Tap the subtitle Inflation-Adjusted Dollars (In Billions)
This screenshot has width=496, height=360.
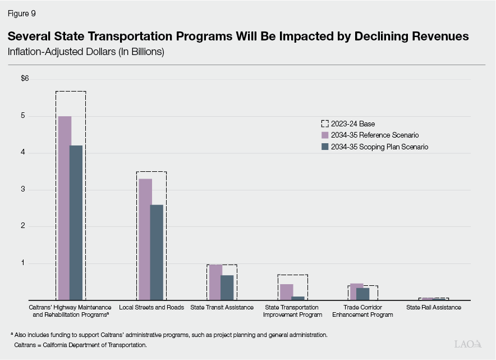(x=85, y=52)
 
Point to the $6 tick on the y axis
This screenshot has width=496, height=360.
(x=25, y=79)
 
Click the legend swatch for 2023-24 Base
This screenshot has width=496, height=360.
(x=324, y=124)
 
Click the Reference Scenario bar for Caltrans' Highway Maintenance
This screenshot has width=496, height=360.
(x=65, y=208)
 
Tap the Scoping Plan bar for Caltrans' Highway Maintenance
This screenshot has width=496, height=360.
(x=76, y=222)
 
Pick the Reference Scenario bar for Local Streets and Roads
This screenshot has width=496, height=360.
(x=145, y=239)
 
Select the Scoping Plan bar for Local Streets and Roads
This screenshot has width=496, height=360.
(x=157, y=252)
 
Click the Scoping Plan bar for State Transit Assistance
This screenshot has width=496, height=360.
(x=227, y=288)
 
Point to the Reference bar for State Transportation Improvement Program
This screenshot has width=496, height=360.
(x=286, y=292)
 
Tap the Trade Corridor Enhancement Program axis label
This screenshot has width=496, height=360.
(x=362, y=311)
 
